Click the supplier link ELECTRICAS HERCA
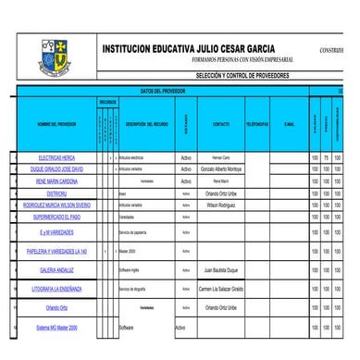(56, 158)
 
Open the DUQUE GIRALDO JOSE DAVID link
(56, 169)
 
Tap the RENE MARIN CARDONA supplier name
(56, 181)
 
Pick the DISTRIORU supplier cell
(56, 193)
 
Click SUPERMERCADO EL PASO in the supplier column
(56, 216)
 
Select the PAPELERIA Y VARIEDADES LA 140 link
(56, 251)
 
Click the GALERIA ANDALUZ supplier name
(56, 270)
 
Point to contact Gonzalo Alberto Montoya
(221, 169)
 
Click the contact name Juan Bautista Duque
(221, 270)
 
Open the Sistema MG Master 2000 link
(56, 327)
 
